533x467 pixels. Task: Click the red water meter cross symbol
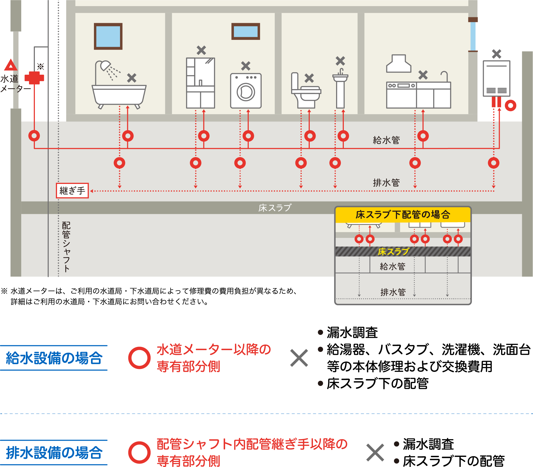(x=34, y=78)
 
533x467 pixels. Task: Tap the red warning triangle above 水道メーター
(x=11, y=65)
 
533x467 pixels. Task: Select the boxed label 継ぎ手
(x=72, y=191)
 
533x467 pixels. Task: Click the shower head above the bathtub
(x=105, y=65)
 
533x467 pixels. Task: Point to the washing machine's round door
(x=246, y=92)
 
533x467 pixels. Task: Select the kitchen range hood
(x=399, y=64)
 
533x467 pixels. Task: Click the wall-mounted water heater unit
(x=497, y=78)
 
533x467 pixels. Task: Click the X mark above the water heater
(x=497, y=54)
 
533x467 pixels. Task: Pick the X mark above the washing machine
(x=246, y=66)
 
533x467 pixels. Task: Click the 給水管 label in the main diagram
(x=386, y=140)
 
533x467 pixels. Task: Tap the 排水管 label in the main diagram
(x=386, y=183)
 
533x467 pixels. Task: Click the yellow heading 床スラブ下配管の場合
(x=403, y=214)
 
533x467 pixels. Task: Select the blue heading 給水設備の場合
(x=54, y=358)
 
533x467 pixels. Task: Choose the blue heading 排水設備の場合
(x=54, y=452)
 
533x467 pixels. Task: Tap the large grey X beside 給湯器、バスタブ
(x=299, y=358)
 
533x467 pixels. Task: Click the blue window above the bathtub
(x=108, y=36)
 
